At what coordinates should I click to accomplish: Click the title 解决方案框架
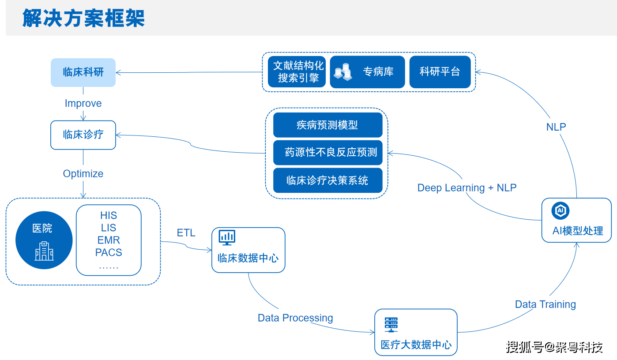pos(83,19)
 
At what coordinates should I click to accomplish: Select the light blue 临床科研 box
pos(83,72)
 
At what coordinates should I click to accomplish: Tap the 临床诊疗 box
pos(83,135)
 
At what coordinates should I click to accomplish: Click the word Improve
pos(83,103)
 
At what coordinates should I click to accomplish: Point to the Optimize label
pos(83,174)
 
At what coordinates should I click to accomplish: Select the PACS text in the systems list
pos(109,253)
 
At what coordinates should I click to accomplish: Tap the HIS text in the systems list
pos(109,215)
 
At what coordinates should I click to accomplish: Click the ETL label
pos(186,233)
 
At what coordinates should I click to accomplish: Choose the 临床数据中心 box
pos(248,250)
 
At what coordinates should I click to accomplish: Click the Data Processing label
pos(295,318)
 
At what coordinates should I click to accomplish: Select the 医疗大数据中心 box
pos(416,332)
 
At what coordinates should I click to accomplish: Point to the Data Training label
pos(546,304)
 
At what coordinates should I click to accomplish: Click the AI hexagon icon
pos(561,211)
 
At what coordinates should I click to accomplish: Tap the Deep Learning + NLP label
pos(467,188)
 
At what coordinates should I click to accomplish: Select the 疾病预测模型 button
pos(327,125)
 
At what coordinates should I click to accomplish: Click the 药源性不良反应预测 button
pos(327,153)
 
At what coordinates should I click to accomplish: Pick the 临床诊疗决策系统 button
pos(327,180)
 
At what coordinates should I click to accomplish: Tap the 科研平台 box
pos(440,72)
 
